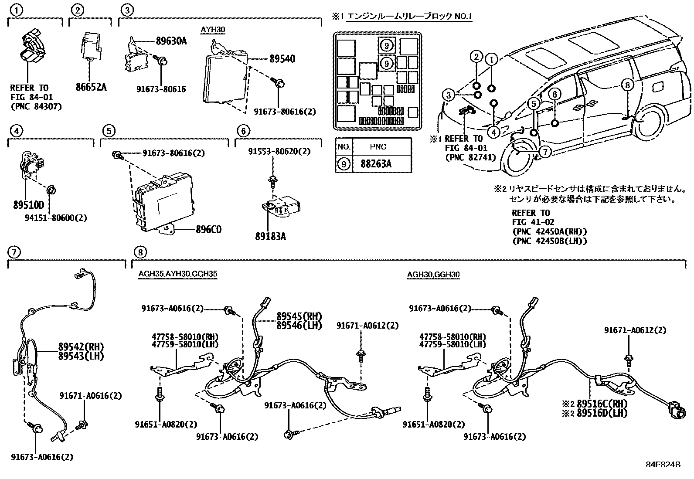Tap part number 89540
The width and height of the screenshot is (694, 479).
click(282, 58)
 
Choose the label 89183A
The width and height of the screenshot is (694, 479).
click(271, 237)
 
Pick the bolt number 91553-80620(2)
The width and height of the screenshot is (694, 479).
click(279, 152)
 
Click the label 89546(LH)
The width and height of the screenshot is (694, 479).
click(299, 325)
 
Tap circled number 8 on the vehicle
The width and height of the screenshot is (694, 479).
click(627, 85)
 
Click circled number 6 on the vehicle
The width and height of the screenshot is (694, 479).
click(554, 94)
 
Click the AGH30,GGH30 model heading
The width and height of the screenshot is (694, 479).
click(433, 274)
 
